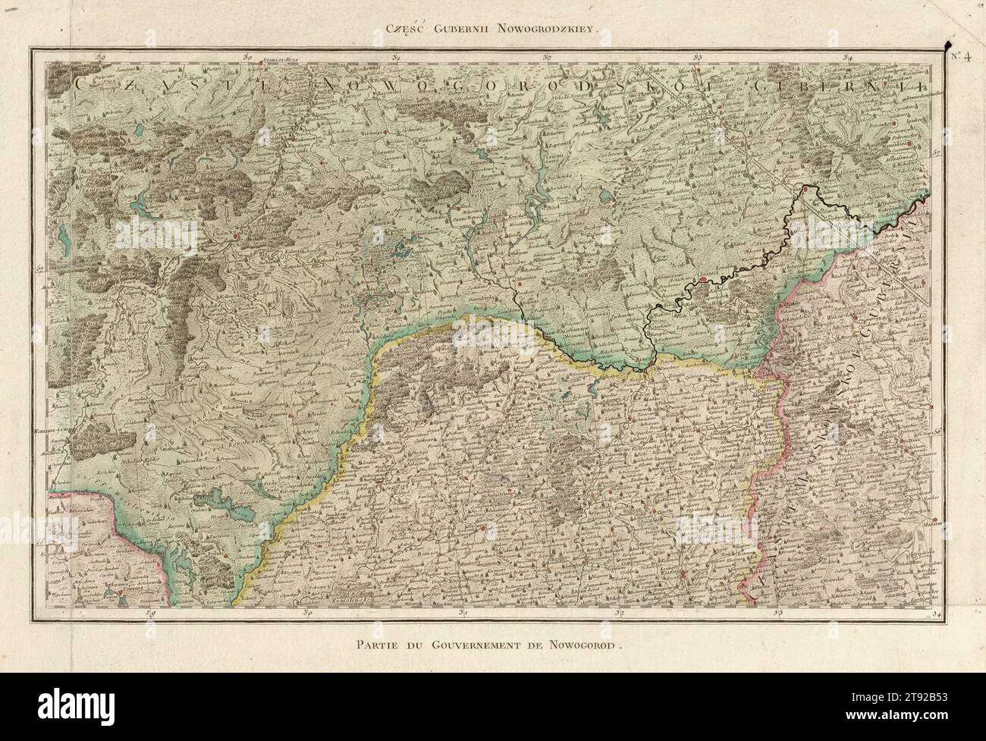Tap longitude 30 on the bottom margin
307,612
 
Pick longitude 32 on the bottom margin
621,612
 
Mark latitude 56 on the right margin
937,431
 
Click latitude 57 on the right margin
937,153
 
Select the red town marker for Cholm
236,236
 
